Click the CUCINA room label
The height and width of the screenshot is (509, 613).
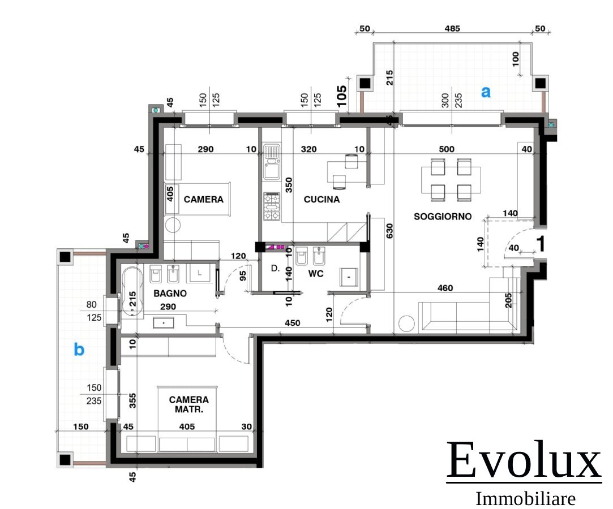(x=321, y=199)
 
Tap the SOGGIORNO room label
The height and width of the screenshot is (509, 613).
(x=443, y=217)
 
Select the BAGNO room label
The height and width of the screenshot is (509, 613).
(x=170, y=294)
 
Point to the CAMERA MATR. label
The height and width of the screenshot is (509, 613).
(x=189, y=405)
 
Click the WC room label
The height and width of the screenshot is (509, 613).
(x=316, y=274)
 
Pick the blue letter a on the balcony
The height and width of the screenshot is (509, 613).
(x=486, y=92)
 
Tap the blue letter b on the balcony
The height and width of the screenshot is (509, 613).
(x=79, y=349)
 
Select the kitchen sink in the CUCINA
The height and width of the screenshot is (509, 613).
(x=271, y=161)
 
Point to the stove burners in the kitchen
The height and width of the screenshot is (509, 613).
(x=271, y=206)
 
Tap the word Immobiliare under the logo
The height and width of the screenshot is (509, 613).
(x=525, y=499)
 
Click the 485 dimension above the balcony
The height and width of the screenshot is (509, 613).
(x=452, y=28)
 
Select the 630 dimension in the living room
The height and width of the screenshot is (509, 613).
(x=389, y=231)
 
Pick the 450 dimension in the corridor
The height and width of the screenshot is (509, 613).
(x=293, y=323)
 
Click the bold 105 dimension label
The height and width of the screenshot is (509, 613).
(x=341, y=96)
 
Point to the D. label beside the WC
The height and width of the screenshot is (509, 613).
(x=275, y=269)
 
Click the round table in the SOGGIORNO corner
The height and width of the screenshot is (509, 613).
(x=406, y=324)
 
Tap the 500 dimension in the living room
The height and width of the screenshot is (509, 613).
(x=447, y=149)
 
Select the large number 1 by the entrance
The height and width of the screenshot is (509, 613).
(x=541, y=244)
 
